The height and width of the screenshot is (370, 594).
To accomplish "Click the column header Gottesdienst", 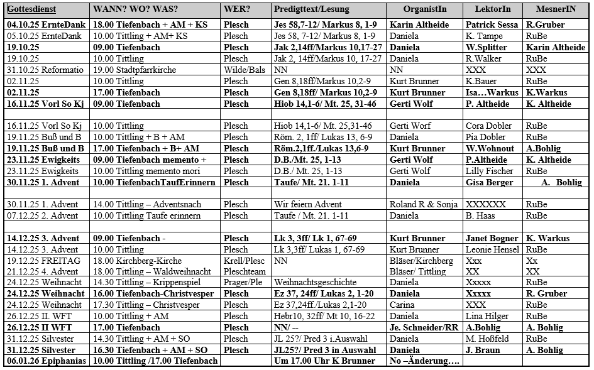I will click(31, 10).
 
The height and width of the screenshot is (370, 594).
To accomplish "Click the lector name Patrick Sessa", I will click(492, 25).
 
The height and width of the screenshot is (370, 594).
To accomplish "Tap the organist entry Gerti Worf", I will click(410, 126).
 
